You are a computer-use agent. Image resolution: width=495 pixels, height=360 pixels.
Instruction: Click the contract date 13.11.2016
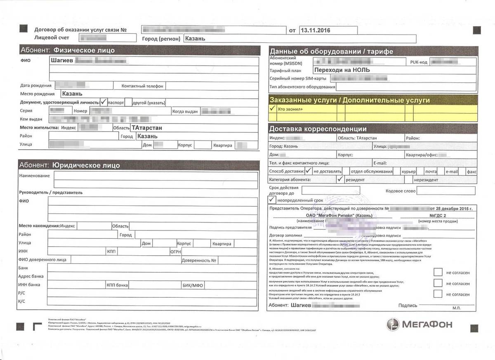tap(316, 30)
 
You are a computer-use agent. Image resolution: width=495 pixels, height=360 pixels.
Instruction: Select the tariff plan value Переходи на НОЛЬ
tap(342, 70)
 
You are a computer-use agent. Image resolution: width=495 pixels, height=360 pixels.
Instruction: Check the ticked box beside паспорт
tap(104, 102)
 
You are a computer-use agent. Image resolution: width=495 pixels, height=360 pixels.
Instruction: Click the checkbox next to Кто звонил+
tap(272, 108)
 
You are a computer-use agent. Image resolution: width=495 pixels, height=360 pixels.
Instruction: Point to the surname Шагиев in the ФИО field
tap(62, 61)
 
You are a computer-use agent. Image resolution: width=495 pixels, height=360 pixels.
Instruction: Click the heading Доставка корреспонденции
tap(318, 129)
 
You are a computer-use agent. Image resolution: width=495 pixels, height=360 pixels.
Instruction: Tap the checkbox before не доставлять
tap(309, 171)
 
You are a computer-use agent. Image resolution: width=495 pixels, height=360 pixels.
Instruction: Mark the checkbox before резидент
tap(340, 179)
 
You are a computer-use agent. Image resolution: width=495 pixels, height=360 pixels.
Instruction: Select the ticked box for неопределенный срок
tap(272, 200)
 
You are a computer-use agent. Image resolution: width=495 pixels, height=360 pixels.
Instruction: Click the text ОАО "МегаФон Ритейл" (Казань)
tap(339, 215)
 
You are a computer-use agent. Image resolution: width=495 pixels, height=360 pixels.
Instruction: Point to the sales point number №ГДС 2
tap(438, 215)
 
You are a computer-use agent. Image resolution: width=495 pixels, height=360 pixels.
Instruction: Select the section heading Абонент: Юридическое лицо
tap(70, 165)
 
